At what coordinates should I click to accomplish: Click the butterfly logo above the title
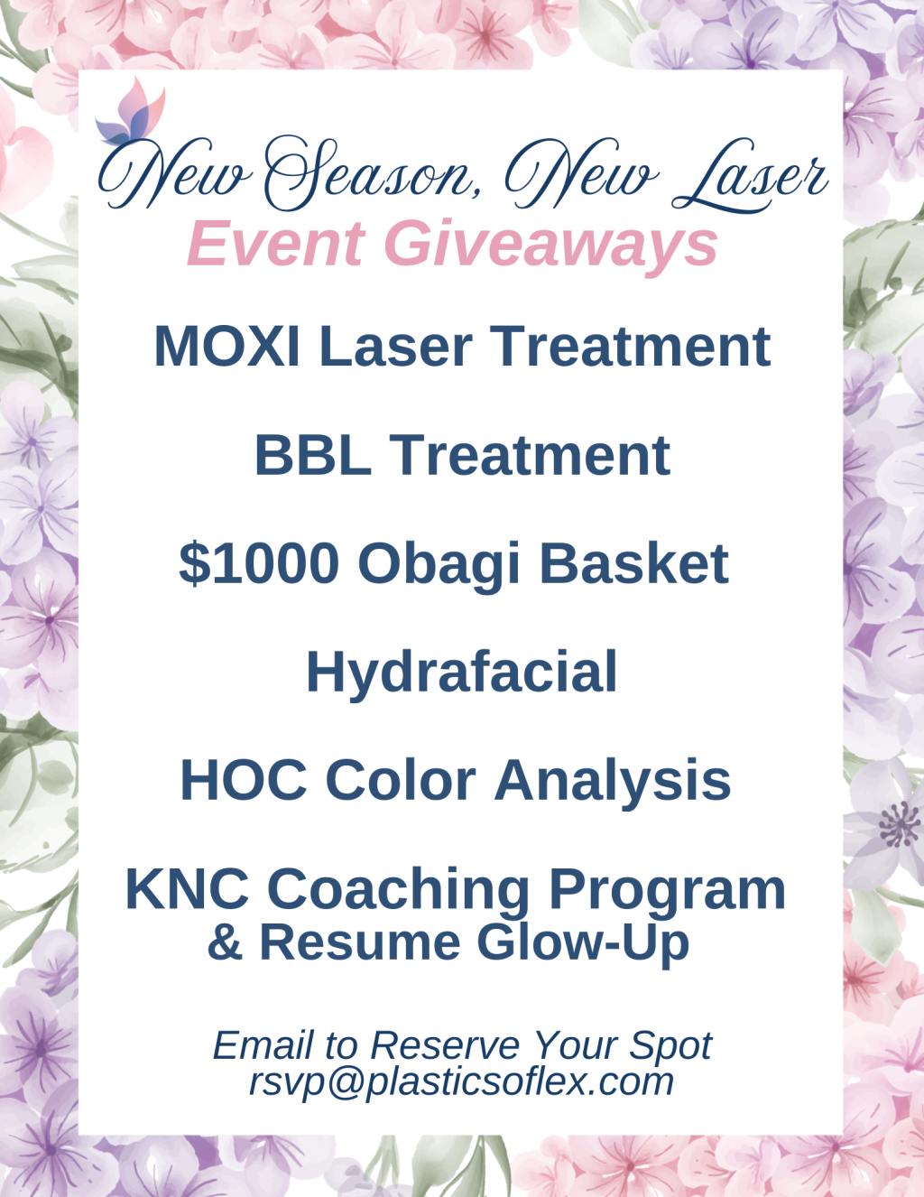(130, 112)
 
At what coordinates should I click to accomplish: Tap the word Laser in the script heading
(750, 175)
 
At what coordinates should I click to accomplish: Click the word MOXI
(227, 346)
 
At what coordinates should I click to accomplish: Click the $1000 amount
(259, 563)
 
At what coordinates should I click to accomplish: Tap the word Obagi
(439, 566)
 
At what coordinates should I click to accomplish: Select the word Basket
(634, 563)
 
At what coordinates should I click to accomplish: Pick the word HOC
(244, 781)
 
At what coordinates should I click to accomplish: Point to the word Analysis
(613, 784)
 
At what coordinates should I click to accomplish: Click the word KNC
(188, 889)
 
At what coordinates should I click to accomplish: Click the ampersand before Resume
(225, 942)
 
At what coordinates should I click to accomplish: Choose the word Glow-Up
(587, 945)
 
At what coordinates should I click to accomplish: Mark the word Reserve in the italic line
(445, 1044)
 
